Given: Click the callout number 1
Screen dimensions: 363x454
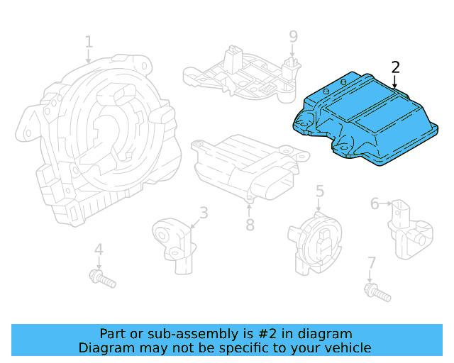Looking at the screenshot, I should [89, 43].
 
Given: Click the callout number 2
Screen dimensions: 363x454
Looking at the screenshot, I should [396, 68].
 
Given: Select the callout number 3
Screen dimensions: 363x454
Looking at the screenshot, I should [204, 212].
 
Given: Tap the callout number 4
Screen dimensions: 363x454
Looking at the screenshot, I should [99, 250].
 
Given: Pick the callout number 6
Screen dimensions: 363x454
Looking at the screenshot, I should [375, 204].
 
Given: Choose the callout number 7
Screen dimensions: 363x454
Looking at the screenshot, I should [371, 264].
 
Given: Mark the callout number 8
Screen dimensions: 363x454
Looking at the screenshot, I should [250, 225].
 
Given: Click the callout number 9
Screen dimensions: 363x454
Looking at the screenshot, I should [293, 36].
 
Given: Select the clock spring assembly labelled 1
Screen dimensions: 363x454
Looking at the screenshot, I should [99, 142].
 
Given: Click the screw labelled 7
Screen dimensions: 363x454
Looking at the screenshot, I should [375, 290].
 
